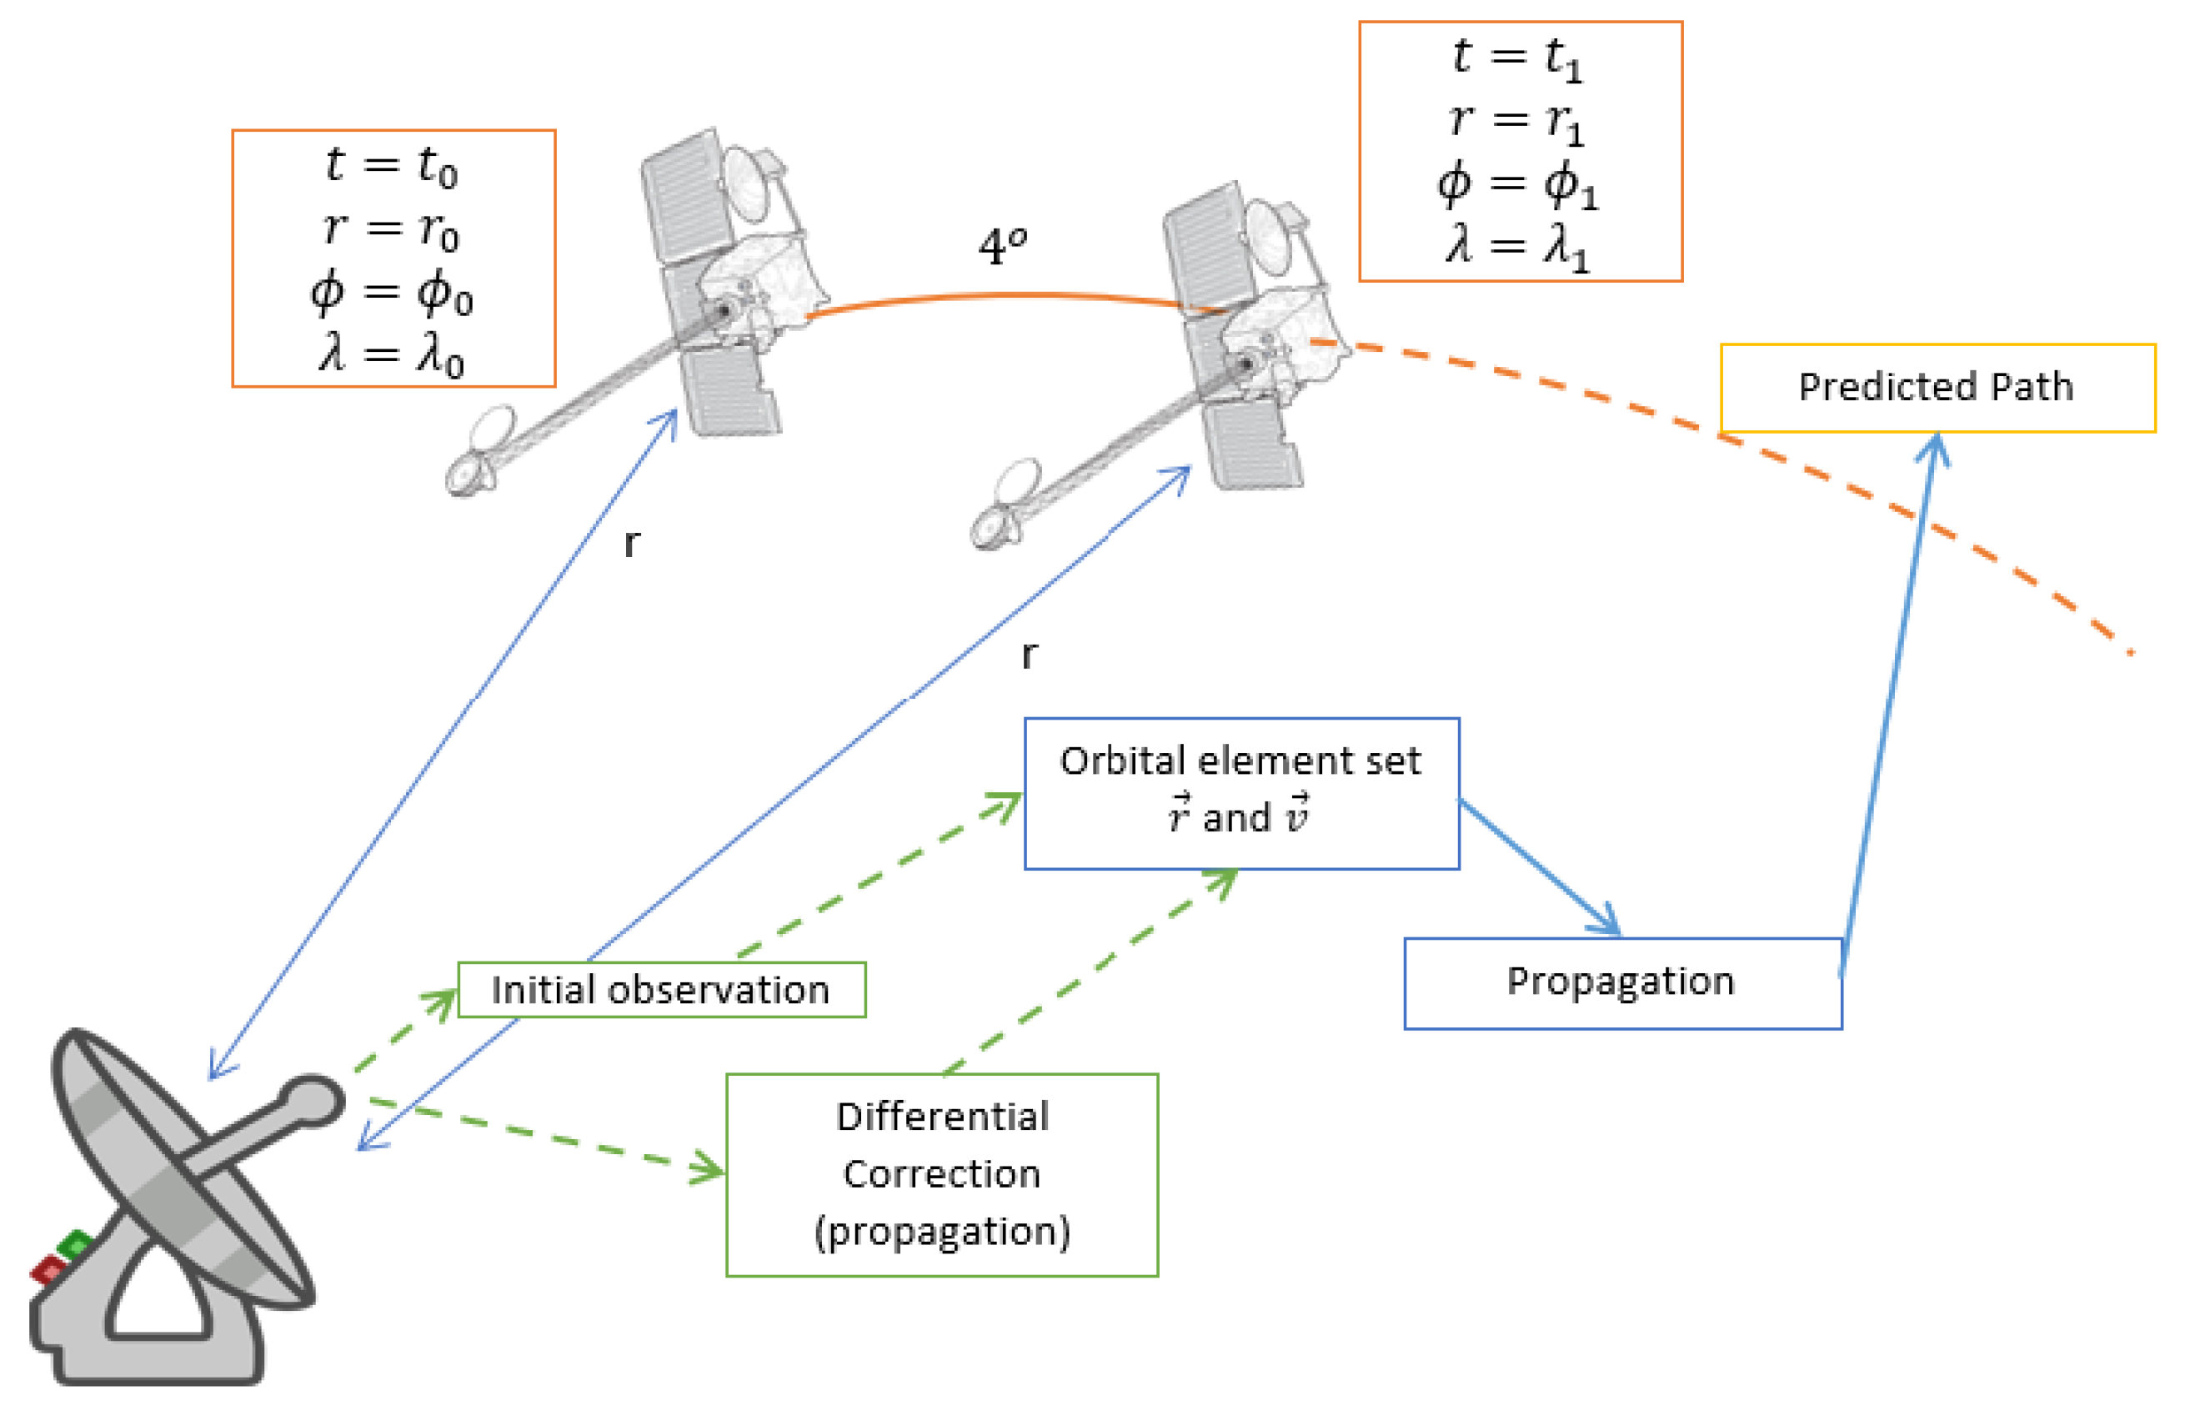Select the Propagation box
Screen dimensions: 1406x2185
click(x=1621, y=982)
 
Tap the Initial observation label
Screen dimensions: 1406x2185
click(x=660, y=990)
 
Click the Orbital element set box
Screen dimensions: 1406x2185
click(x=1240, y=791)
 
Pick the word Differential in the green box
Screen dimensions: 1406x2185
click(x=942, y=1116)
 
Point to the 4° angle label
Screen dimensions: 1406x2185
click(x=1002, y=244)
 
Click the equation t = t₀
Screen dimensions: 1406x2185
click(x=392, y=167)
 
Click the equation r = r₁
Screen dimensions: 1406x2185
click(x=1517, y=121)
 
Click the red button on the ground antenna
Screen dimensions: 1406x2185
click(x=48, y=1269)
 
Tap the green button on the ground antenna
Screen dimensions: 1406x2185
click(x=75, y=1243)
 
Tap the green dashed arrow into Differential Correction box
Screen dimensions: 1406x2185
click(x=548, y=1137)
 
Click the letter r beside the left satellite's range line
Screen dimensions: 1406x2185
click(x=632, y=545)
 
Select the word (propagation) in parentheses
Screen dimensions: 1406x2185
click(x=942, y=1231)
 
